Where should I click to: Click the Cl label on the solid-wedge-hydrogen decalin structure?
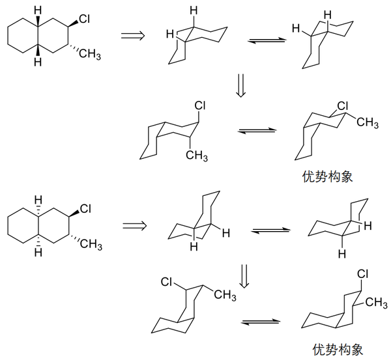84,19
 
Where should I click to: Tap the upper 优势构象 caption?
328,176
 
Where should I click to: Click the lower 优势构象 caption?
338,350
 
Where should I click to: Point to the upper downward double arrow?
240,85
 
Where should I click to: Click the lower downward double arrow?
244,276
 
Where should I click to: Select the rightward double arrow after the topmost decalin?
133,36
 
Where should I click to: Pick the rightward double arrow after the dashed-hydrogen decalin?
134,226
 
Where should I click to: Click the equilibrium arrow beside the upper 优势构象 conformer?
257,131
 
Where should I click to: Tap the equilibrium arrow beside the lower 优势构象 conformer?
261,322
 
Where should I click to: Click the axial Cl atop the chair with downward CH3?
200,106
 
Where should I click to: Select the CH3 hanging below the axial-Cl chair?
197,156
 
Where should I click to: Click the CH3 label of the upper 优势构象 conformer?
368,122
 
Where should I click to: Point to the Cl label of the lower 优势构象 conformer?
363,274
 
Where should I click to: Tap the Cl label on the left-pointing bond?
166,282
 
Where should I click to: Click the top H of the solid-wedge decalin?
38,10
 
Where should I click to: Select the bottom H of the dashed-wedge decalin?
38,253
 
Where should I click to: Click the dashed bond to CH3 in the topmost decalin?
74,48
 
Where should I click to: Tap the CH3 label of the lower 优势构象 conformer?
377,302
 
